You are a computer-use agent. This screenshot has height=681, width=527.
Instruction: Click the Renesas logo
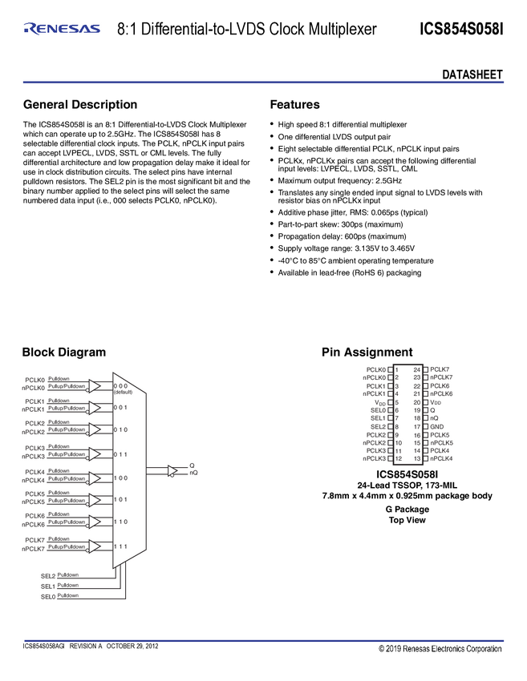point(62,29)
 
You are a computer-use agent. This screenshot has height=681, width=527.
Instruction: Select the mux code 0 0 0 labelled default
point(121,386)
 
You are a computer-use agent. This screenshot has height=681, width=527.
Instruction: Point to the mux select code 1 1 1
point(121,546)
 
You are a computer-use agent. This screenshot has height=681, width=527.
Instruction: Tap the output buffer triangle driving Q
point(172,471)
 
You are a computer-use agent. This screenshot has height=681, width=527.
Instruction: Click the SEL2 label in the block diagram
point(48,575)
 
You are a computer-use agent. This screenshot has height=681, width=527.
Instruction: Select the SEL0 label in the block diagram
point(48,596)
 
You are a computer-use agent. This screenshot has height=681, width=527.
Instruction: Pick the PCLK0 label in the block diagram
point(34,379)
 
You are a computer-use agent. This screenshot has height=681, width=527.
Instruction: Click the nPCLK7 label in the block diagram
point(33,549)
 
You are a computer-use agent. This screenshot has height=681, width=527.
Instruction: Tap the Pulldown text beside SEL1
point(68,586)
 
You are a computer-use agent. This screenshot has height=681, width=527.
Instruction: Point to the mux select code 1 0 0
point(121,478)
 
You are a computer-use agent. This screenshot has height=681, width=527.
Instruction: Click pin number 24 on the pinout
point(417,369)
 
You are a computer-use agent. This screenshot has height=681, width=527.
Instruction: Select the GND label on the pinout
point(438,426)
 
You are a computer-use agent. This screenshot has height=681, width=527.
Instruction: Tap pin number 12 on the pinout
point(399,459)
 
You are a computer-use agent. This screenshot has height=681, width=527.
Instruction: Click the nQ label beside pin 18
point(434,418)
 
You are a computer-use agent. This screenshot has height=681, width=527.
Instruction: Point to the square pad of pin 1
point(390,369)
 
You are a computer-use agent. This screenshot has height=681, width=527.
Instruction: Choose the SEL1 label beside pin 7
point(378,418)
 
